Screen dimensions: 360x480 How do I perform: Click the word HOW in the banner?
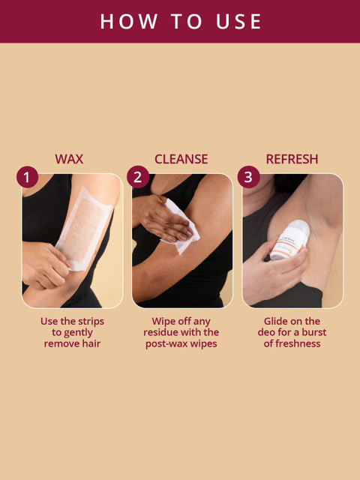pyautogui.click(x=128, y=22)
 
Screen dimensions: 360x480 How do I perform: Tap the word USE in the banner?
pyautogui.click(x=238, y=22)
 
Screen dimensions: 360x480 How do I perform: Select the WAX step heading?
pyautogui.click(x=69, y=159)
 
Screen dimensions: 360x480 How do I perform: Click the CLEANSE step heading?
pyautogui.click(x=181, y=159)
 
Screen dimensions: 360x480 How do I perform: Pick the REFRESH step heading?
pyautogui.click(x=292, y=159)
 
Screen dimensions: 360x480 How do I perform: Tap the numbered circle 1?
pyautogui.click(x=27, y=177)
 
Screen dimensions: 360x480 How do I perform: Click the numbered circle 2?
pyautogui.click(x=138, y=177)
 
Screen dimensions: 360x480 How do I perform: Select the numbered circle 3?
pyautogui.click(x=248, y=177)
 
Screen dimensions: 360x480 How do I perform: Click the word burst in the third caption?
pyautogui.click(x=314, y=332)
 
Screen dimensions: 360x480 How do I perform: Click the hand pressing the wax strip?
pyautogui.click(x=45, y=265)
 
